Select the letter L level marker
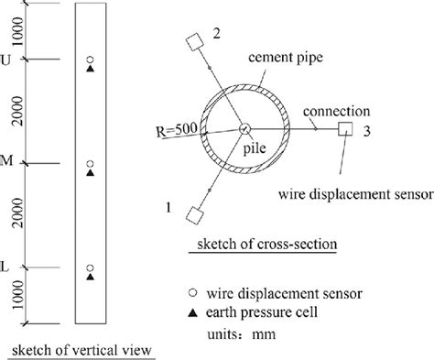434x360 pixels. coord(9,267)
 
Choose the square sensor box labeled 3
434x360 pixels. coord(346,129)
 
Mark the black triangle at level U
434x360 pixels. coord(90,70)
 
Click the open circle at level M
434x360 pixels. coord(90,164)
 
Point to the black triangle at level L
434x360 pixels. coord(90,276)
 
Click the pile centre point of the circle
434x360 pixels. coord(246,129)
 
